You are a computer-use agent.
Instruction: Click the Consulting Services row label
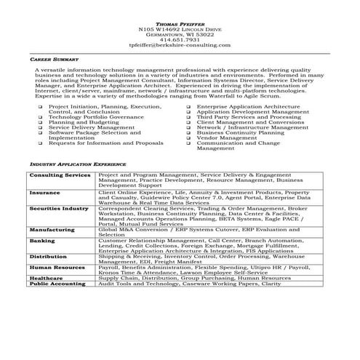(x=60, y=176)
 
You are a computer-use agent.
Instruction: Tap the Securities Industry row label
(x=59, y=209)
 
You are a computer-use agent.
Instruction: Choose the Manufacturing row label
(x=52, y=230)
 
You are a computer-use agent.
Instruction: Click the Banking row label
(x=42, y=240)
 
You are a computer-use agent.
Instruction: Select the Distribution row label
(x=49, y=256)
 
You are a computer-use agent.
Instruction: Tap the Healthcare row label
(x=46, y=277)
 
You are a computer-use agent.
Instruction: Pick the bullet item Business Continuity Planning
(x=241, y=133)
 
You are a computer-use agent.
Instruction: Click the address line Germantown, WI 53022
(x=179, y=33)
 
